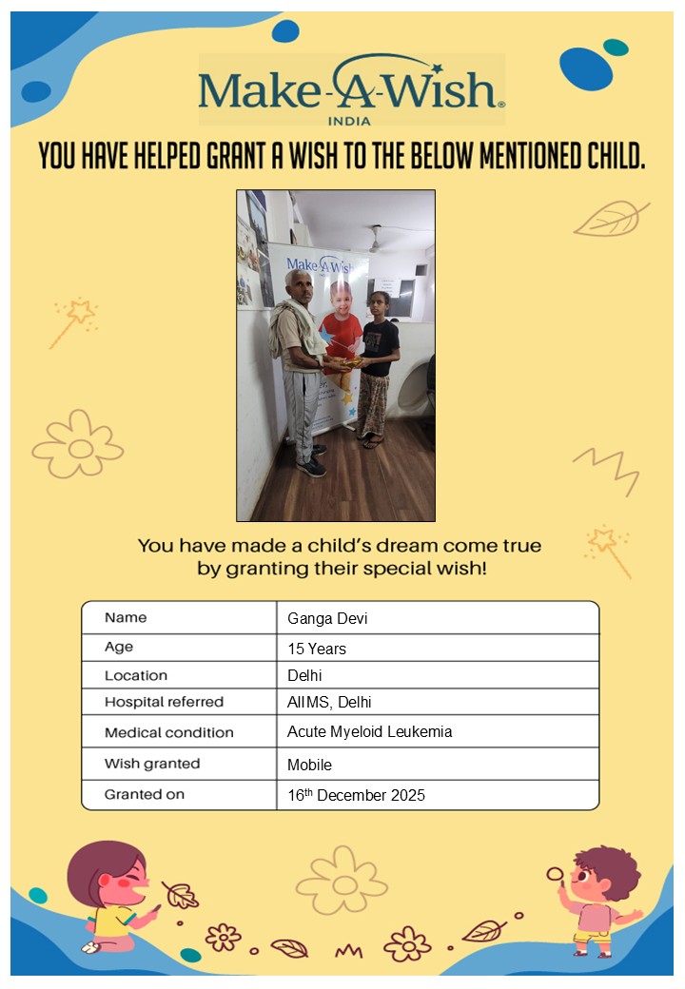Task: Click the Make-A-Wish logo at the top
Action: [350, 89]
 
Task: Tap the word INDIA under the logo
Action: [349, 121]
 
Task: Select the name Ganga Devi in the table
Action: [327, 619]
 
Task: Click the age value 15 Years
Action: [317, 650]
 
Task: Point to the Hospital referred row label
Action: [164, 703]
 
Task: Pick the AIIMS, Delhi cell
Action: [329, 703]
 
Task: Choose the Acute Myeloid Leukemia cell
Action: [369, 732]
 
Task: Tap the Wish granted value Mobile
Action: [309, 765]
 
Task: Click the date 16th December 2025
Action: [356, 795]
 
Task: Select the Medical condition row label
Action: [168, 733]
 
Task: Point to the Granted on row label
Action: [145, 794]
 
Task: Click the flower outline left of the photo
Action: [78, 445]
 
